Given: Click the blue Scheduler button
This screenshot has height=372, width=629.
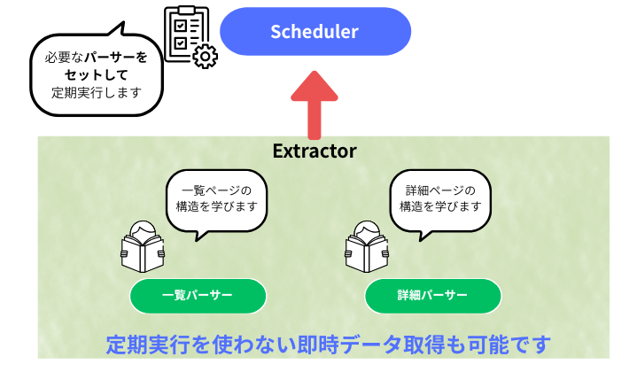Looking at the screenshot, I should pyautogui.click(x=314, y=32).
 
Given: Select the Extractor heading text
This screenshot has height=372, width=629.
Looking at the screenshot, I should pyautogui.click(x=314, y=151).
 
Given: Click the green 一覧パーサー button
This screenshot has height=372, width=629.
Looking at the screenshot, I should pyautogui.click(x=198, y=296).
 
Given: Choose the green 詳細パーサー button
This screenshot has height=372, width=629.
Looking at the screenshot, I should pyautogui.click(x=432, y=296).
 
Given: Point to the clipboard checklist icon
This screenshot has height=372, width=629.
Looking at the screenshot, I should pyautogui.click(x=187, y=34).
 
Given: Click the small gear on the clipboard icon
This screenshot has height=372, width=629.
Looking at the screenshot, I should pyautogui.click(x=206, y=58).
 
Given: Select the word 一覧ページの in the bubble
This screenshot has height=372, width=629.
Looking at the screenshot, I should pyautogui.click(x=216, y=190).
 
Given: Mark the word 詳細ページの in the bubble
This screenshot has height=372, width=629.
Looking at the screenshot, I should pyautogui.click(x=440, y=190).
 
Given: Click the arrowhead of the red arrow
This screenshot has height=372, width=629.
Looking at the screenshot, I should pyautogui.click(x=314, y=86).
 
